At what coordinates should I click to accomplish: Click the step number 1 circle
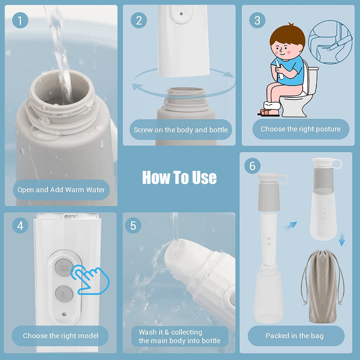20,20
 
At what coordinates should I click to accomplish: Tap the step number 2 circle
139,20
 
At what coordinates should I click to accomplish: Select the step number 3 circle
257,20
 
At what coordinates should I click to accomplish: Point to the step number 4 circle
20,225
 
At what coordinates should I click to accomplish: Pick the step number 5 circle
133,225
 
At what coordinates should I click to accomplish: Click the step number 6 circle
252,166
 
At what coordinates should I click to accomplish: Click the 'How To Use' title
179,178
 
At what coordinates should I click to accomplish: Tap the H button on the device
64,268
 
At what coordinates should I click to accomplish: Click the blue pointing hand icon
90,279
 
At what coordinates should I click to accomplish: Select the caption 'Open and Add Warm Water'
61,189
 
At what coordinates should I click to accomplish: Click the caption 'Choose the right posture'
301,129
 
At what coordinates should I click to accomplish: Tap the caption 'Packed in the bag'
295,336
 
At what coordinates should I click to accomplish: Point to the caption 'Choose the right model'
60,336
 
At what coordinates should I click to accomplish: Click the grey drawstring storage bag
322,286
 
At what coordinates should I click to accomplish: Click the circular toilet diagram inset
330,42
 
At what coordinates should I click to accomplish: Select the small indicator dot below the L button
64,314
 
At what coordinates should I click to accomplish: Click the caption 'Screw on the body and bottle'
181,130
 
